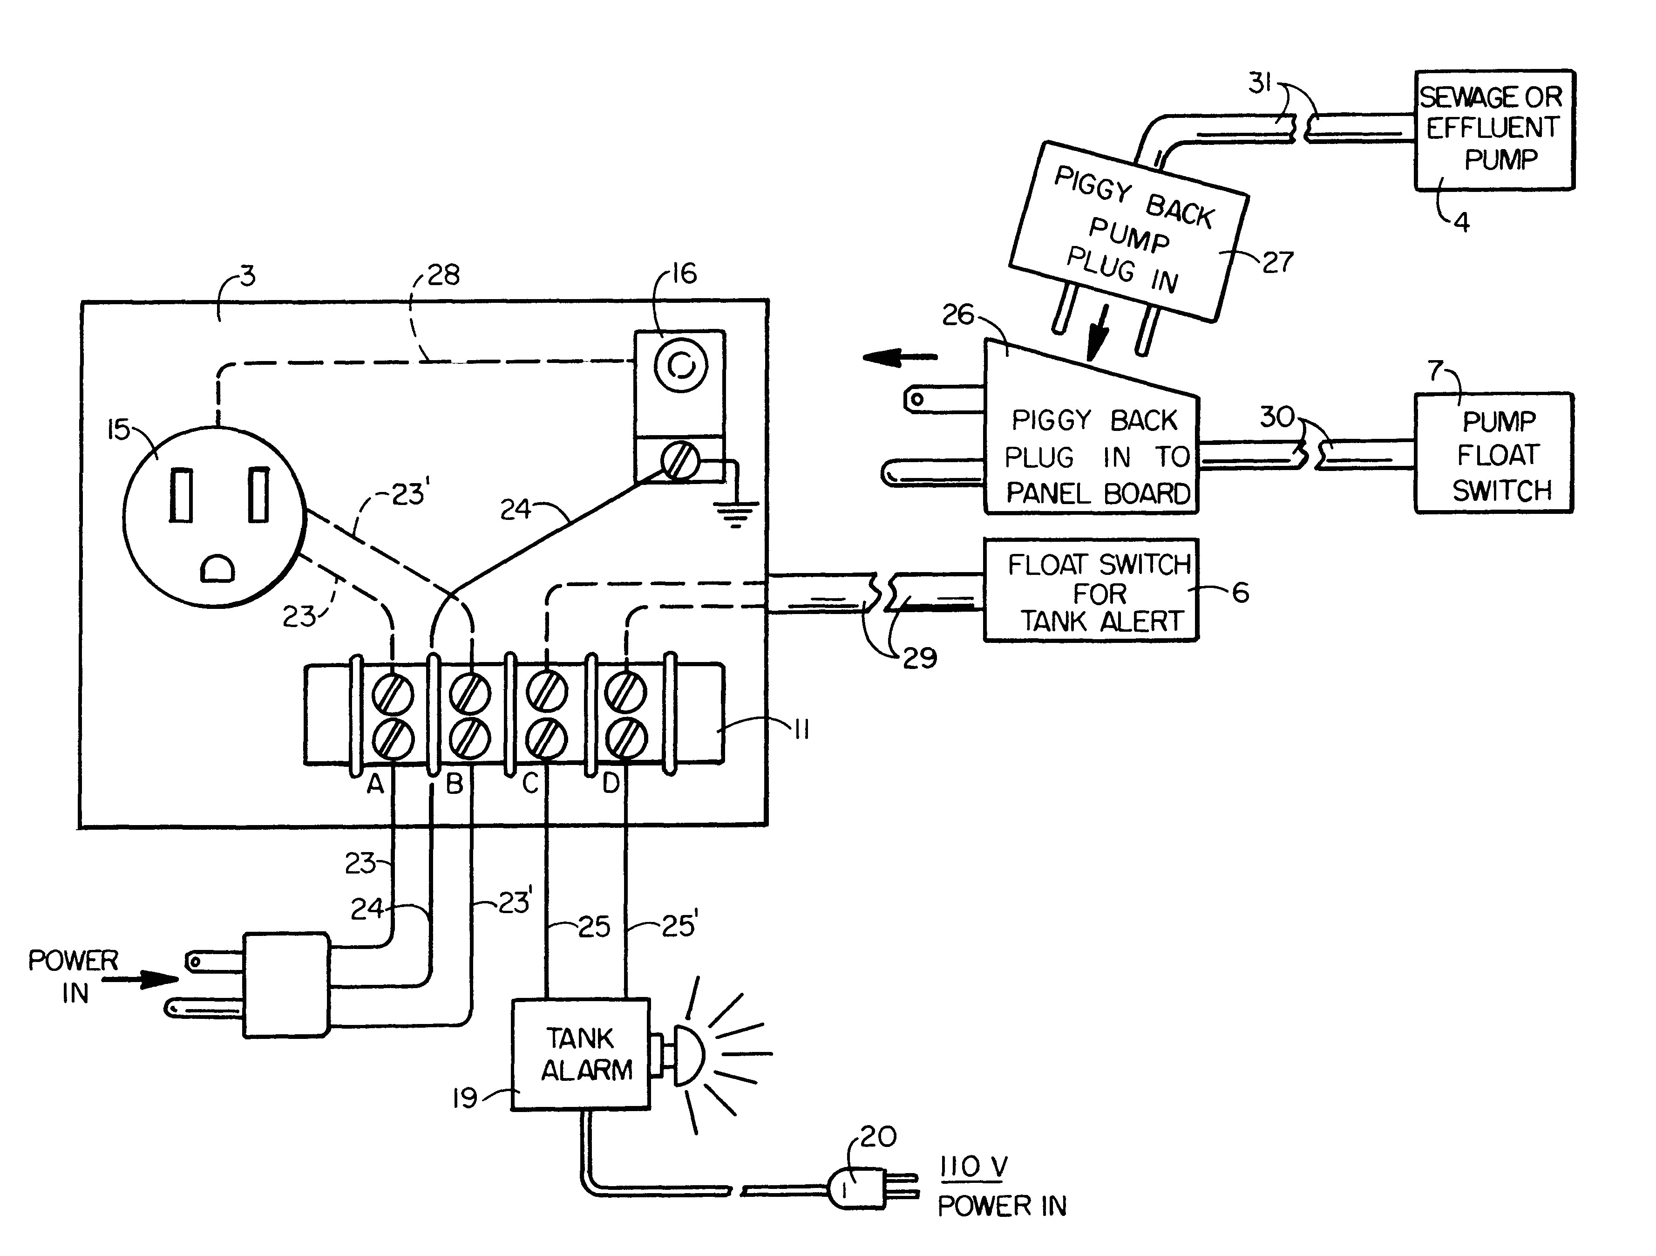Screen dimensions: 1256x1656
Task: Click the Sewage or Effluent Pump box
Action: pos(1493,129)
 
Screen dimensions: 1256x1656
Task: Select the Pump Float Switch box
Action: pos(1493,453)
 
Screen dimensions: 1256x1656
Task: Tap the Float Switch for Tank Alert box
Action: pos(1091,591)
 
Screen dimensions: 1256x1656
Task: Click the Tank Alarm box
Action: pos(581,1054)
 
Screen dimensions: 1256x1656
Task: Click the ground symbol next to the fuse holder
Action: pos(735,512)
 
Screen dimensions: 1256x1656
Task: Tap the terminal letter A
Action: pos(374,784)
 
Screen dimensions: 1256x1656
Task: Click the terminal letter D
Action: pos(611,784)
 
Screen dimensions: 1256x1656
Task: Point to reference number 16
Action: pos(684,273)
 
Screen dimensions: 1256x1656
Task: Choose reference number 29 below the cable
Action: pos(919,658)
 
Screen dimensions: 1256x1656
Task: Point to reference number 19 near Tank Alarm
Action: pos(464,1098)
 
